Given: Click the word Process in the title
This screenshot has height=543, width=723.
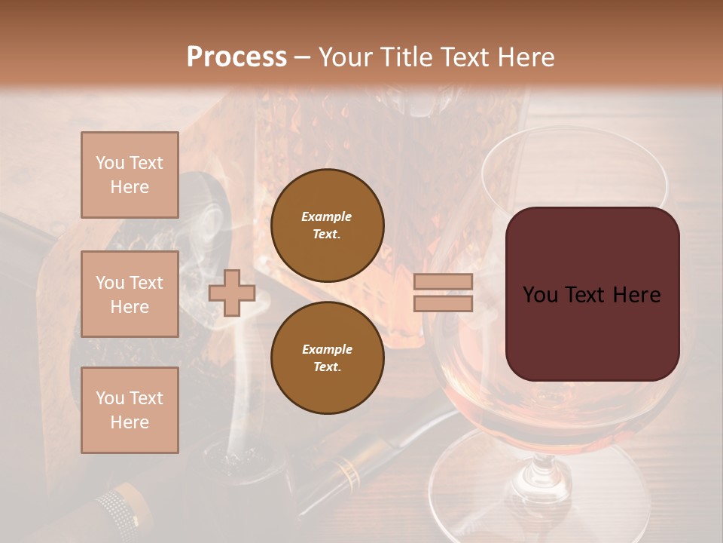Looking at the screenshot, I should click(x=236, y=57).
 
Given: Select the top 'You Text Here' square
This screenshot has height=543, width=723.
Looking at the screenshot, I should click(x=130, y=175).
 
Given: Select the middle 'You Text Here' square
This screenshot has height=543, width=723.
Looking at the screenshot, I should click(x=130, y=294).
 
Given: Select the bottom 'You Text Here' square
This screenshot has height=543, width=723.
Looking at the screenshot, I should click(x=130, y=410).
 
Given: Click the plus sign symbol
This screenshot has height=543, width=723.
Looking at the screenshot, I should click(x=232, y=293).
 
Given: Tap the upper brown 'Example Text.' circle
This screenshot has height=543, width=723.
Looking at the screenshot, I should click(x=327, y=225).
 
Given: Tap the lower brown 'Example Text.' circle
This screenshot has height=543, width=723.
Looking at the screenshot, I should click(x=327, y=357).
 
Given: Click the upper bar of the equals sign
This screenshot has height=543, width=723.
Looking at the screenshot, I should click(x=444, y=282).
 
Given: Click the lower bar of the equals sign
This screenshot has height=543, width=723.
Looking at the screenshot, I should click(x=444, y=303).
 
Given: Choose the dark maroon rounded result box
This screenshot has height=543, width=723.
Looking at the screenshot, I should click(x=592, y=294).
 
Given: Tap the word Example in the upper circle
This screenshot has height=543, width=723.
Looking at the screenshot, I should click(x=327, y=216).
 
